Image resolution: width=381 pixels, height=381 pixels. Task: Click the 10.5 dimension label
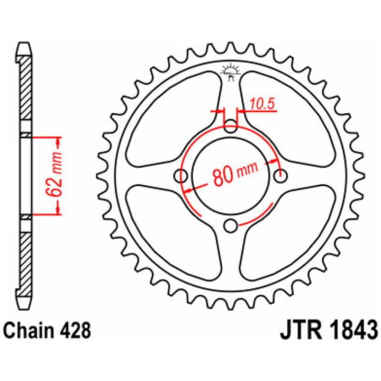point(262,104)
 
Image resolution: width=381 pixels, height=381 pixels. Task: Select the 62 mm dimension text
point(54,175)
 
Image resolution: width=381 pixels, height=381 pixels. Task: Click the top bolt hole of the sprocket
point(230,126)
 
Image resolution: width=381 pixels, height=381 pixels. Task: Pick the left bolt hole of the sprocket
point(182,176)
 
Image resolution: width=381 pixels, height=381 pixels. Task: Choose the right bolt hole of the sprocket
point(280,176)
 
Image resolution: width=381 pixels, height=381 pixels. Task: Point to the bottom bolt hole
point(230,226)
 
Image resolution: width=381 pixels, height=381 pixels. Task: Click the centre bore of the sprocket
point(231,176)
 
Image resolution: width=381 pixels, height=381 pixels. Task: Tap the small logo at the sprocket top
point(230,72)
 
